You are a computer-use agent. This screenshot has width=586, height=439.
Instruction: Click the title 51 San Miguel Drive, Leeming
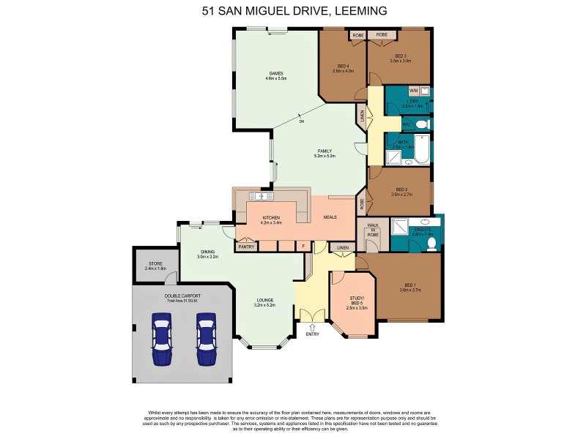pos(294,11)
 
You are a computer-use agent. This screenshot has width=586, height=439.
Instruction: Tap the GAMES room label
pos(276,73)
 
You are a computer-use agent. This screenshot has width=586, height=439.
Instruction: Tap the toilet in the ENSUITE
pos(432,243)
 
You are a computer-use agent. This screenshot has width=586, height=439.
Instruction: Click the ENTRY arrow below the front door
pos(312,328)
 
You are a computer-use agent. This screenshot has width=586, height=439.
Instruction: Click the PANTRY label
pos(246,247)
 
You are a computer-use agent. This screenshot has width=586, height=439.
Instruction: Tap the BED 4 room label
pos(343,67)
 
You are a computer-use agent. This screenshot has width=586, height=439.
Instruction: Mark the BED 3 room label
pos(400,56)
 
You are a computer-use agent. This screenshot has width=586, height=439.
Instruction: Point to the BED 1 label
pos(410,285)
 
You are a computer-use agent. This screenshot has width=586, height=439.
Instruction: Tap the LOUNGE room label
pos(265,300)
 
